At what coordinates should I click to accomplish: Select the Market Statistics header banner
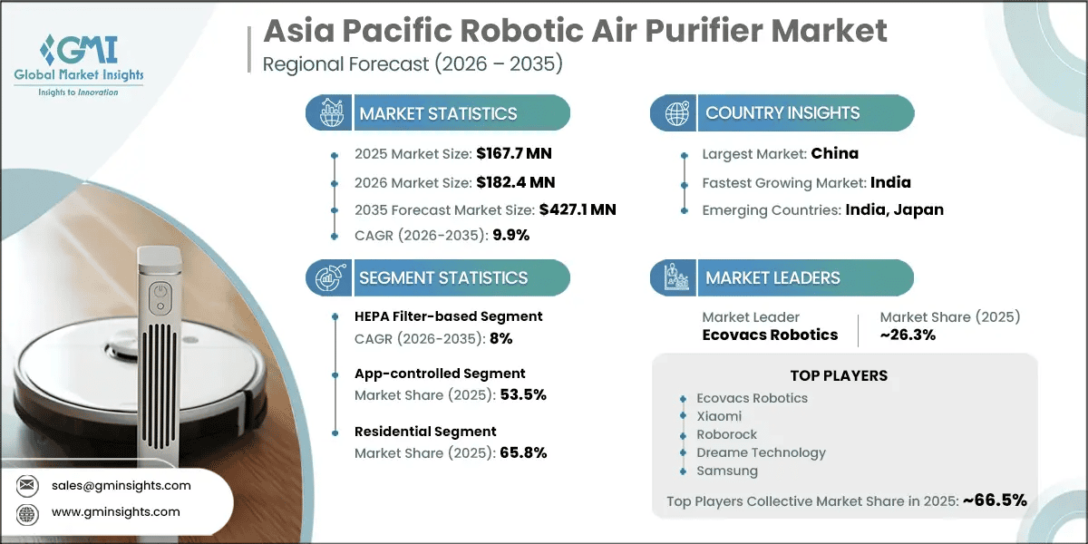438,113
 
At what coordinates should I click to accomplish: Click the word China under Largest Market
834,153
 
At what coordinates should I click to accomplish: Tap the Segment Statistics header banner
438,277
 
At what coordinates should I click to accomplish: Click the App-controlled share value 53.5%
523,394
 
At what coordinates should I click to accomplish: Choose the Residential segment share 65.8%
523,452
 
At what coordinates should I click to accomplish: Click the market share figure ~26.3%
908,335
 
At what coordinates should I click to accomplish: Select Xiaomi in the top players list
719,416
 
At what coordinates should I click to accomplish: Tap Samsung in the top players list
727,471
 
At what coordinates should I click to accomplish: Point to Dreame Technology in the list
761,452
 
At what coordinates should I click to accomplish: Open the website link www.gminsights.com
115,512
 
